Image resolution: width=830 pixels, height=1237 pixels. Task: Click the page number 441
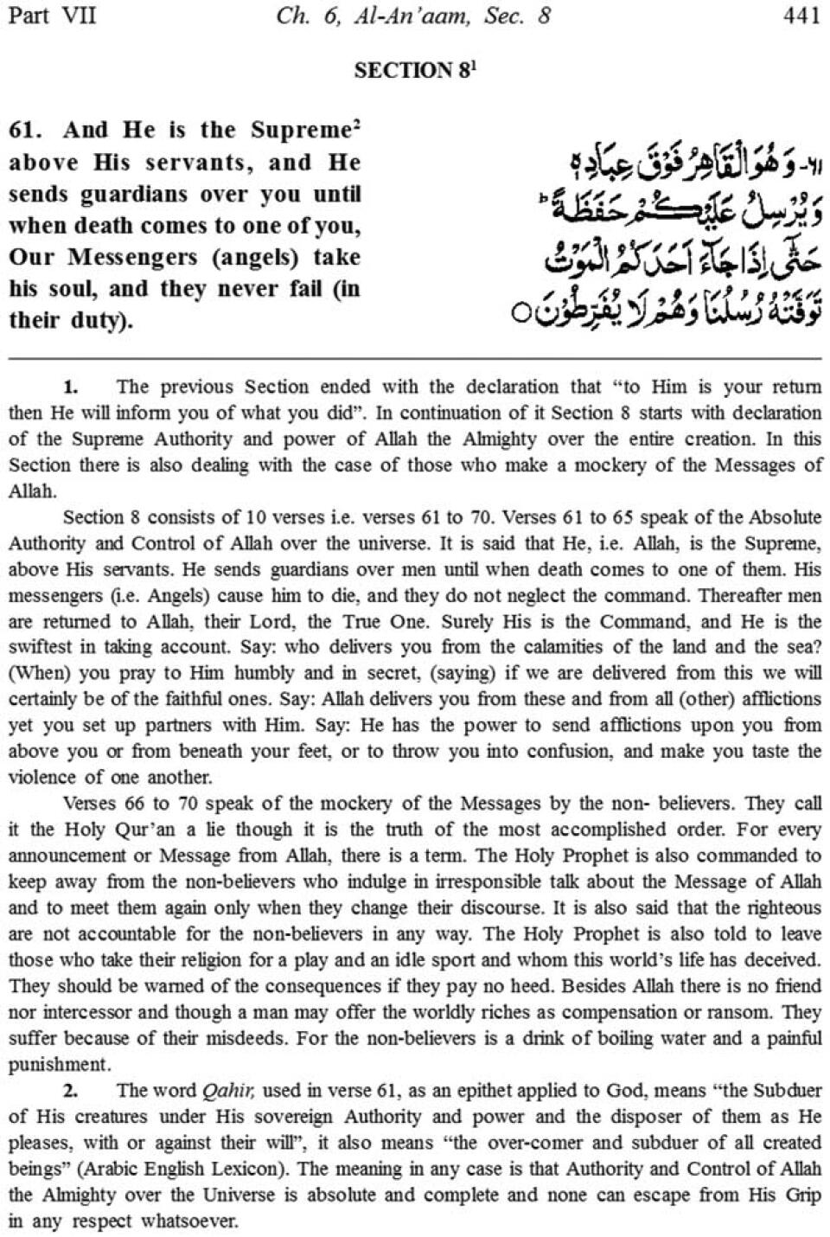pyautogui.click(x=801, y=16)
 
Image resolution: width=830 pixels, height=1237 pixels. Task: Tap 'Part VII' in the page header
pyautogui.click(x=51, y=16)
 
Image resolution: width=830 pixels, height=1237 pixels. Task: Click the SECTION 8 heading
pyautogui.click(x=413, y=70)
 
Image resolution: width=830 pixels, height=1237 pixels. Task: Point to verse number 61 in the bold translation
pyautogui.click(x=26, y=131)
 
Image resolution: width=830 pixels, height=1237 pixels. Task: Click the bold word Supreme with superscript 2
pyautogui.click(x=303, y=131)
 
